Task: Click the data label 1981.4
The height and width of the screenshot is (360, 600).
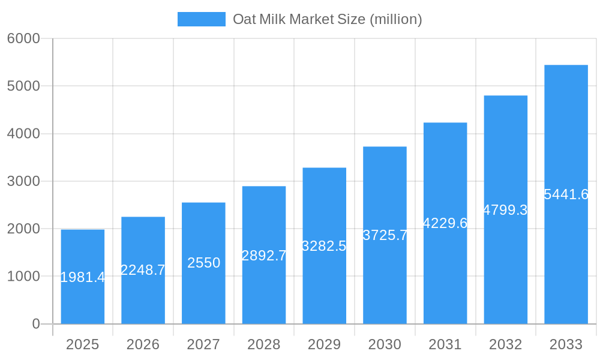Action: pyautogui.click(x=83, y=277)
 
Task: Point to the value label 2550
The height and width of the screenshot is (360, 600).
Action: pyautogui.click(x=203, y=263)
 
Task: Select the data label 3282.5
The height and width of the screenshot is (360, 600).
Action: pyautogui.click(x=324, y=246)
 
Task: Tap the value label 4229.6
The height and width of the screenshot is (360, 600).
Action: pyautogui.click(x=445, y=223)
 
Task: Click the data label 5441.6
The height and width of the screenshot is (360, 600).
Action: pyautogui.click(x=566, y=194)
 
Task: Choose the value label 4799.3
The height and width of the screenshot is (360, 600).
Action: pyautogui.click(x=505, y=210)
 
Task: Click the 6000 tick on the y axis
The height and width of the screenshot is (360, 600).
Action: pyautogui.click(x=23, y=38)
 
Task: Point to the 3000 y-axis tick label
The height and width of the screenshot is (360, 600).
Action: pyautogui.click(x=23, y=181)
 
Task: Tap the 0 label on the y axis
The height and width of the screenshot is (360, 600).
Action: pyautogui.click(x=35, y=324)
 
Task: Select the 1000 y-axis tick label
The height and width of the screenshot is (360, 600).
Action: pyautogui.click(x=23, y=277)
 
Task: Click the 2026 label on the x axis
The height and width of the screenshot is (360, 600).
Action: pyautogui.click(x=143, y=344)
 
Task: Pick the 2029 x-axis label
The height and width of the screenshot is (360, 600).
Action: pyautogui.click(x=324, y=344)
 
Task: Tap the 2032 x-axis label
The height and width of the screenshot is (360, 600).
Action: pyautogui.click(x=505, y=344)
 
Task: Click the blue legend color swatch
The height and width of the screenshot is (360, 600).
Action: pyautogui.click(x=202, y=19)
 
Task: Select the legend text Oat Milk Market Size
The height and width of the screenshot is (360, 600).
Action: pyautogui.click(x=327, y=19)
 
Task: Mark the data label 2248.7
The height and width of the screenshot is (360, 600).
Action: pyautogui.click(x=143, y=270)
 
